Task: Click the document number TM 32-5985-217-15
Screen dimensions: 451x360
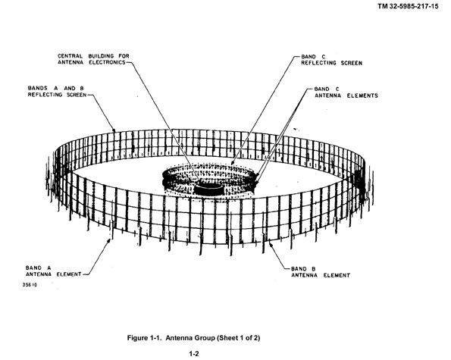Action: click(408, 6)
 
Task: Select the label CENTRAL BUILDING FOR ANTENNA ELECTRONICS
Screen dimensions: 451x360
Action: click(93, 59)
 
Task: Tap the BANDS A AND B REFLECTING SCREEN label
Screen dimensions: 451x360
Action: click(57, 92)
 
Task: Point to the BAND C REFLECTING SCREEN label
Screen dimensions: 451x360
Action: click(332, 60)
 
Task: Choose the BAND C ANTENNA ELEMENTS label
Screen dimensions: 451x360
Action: click(346, 92)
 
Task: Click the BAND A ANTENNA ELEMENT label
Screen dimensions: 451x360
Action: click(54, 271)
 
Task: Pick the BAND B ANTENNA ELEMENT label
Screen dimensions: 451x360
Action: click(321, 272)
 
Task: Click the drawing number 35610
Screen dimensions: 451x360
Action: click(30, 285)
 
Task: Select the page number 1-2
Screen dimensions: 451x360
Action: click(194, 353)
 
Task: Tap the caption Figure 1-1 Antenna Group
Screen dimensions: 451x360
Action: click(193, 337)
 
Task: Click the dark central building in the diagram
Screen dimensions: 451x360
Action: click(208, 189)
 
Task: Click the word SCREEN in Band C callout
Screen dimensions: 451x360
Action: click(352, 63)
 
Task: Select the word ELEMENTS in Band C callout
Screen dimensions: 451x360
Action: click(362, 95)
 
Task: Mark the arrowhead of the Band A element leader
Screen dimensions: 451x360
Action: click(109, 240)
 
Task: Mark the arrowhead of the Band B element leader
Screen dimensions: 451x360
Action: click(270, 243)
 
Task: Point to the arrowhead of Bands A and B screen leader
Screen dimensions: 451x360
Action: click(114, 130)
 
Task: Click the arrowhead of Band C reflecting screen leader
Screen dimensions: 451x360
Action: click(231, 163)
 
